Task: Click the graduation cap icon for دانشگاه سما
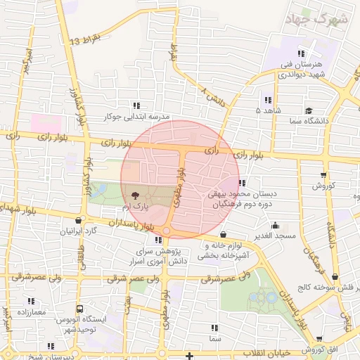click(x=309, y=111)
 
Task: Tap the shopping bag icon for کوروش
click(x=323, y=175)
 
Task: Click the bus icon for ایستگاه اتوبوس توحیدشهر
click(x=79, y=309)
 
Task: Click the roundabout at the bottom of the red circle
click(x=167, y=231)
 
